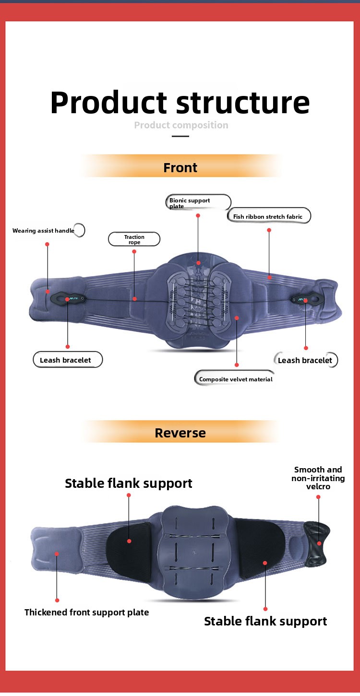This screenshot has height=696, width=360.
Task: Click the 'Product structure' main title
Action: (180, 103)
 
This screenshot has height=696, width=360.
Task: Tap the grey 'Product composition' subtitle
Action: (181, 125)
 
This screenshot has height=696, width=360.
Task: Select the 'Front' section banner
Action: (180, 167)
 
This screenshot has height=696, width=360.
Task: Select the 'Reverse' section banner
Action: (180, 433)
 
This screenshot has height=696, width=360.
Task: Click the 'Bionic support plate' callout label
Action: (198, 202)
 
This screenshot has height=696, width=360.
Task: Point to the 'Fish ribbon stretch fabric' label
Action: (269, 216)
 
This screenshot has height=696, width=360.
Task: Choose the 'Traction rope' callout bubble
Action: (134, 239)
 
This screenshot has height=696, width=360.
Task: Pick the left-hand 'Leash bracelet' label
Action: (68, 360)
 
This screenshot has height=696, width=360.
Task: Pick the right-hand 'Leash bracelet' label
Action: (305, 360)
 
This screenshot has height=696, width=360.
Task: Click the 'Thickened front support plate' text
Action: (87, 612)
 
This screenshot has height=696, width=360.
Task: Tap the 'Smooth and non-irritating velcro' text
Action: (318, 478)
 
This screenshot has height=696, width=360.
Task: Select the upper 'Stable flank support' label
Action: (128, 483)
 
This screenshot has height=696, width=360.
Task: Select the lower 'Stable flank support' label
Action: (265, 621)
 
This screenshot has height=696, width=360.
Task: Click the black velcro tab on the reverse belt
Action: (316, 544)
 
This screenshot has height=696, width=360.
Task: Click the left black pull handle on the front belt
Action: (68, 299)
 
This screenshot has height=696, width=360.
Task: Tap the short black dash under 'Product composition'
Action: (180, 136)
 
